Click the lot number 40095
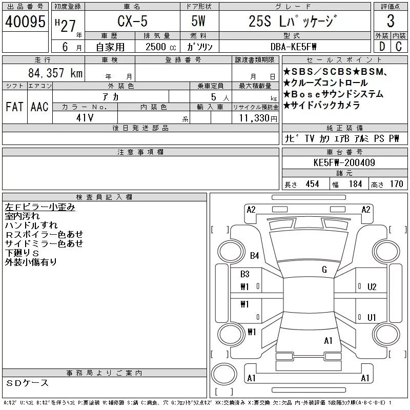pos(25,22)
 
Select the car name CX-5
pos(132,21)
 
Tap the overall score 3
pos(391,21)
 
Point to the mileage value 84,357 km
pos(55,73)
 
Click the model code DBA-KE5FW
pos(293,47)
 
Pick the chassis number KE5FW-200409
pos(344,162)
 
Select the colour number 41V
pos(85,118)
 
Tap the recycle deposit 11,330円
pos(258,118)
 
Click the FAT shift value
pos(15,107)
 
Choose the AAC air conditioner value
pos(39,107)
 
